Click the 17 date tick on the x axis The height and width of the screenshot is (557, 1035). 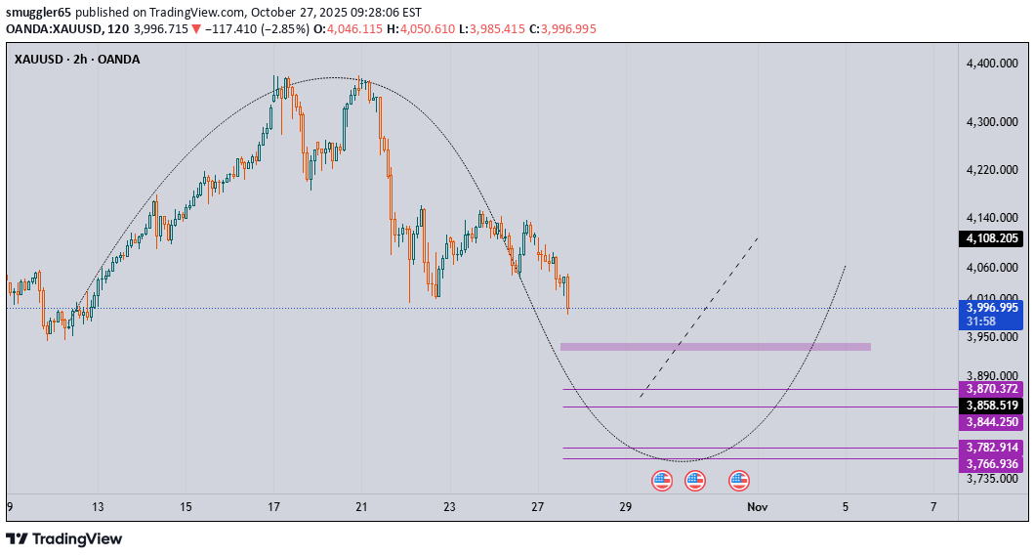coord(274,507)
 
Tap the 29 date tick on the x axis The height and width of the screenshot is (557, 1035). coord(626,507)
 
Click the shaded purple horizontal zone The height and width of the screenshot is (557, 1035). coord(715,346)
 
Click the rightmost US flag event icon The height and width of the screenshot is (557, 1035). coord(739,480)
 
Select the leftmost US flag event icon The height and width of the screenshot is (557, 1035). coord(662,480)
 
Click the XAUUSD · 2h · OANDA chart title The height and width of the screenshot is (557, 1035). coord(77,59)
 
